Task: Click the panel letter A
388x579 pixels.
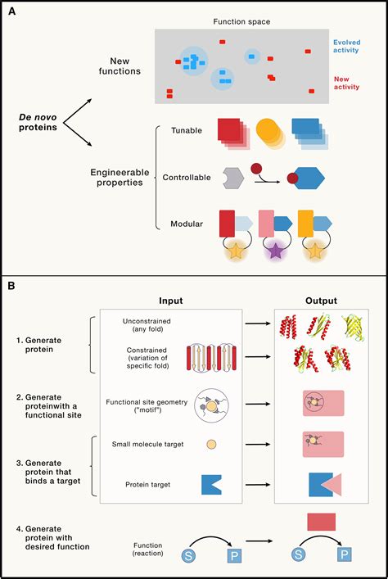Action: pyautogui.click(x=12, y=11)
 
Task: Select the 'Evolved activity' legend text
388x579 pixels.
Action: pyautogui.click(x=353, y=45)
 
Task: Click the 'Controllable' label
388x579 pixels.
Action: pyautogui.click(x=186, y=177)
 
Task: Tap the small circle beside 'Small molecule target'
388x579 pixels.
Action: pyautogui.click(x=211, y=445)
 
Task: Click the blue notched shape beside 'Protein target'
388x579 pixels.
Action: pyautogui.click(x=211, y=485)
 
